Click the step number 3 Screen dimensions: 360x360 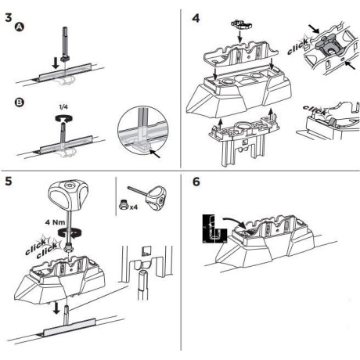tap(9, 18)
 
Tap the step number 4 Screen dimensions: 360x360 tap(196, 18)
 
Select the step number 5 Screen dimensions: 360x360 tap(9, 181)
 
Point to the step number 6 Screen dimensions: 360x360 tap(196, 182)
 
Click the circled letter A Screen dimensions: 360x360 tap(20, 27)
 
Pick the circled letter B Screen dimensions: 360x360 tap(20, 103)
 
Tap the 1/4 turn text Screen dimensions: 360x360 tap(63, 107)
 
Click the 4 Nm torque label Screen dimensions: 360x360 tap(55, 222)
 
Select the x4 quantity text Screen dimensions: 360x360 tap(134, 207)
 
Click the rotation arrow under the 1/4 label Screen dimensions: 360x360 tap(64, 119)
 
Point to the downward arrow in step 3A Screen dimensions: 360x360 tap(56, 63)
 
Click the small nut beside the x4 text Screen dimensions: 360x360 tap(123, 205)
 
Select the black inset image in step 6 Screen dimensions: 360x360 tap(214, 229)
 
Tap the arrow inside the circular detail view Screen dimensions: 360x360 tap(156, 154)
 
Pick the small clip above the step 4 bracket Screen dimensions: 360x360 tap(242, 24)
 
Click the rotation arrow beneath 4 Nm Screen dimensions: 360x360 tap(70, 232)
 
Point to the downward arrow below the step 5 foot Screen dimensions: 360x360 tap(56, 308)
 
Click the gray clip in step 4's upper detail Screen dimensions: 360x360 tap(326, 46)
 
